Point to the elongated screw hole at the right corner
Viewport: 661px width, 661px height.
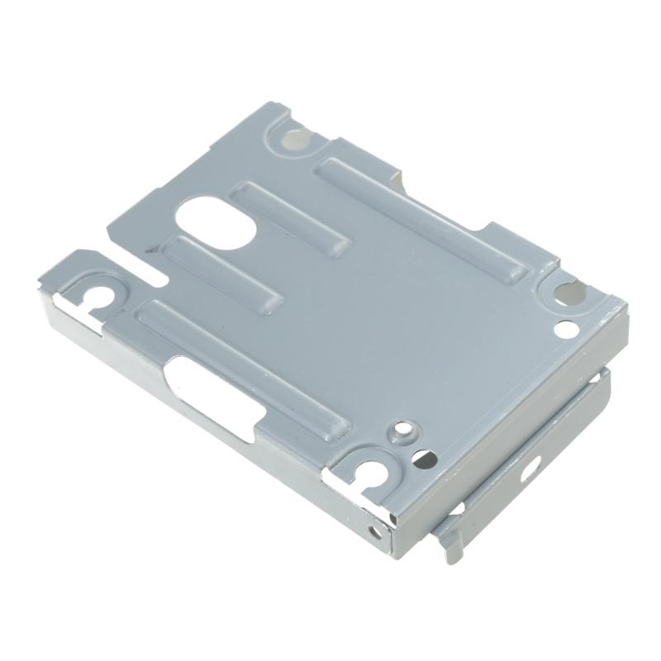[x=568, y=292]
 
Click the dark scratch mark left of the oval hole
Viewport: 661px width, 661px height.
[x=149, y=247]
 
